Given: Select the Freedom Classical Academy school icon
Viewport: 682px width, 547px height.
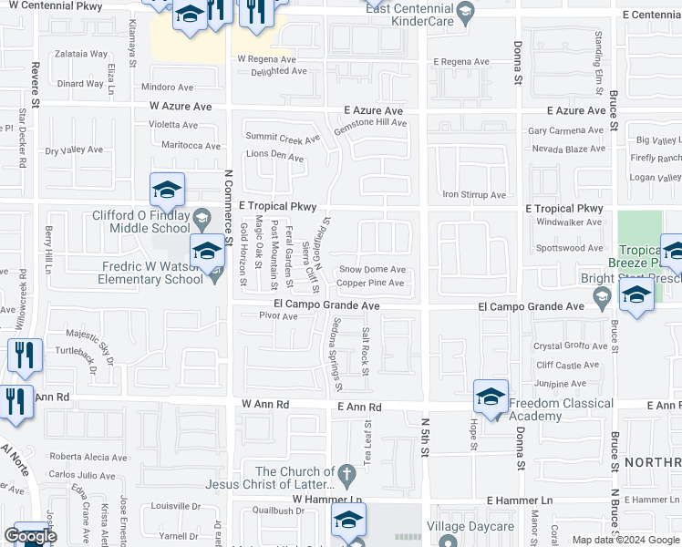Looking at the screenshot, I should coord(491,396).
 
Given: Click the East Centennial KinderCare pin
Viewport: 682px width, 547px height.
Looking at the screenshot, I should coord(466,13).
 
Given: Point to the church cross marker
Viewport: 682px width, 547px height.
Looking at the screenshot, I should coord(346,473).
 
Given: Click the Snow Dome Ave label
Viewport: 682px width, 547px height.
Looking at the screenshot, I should coord(372,270).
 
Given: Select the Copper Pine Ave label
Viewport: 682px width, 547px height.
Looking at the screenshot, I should coord(370,284).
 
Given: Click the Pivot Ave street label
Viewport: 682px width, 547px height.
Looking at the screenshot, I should coord(278,316).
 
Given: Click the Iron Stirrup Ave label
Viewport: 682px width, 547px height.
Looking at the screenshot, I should coord(474,195).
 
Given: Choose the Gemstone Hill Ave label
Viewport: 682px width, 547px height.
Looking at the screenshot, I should coord(369,122).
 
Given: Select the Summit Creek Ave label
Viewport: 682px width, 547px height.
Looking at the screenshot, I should coord(283,139).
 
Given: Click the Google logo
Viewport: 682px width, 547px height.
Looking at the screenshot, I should coord(30,536).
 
